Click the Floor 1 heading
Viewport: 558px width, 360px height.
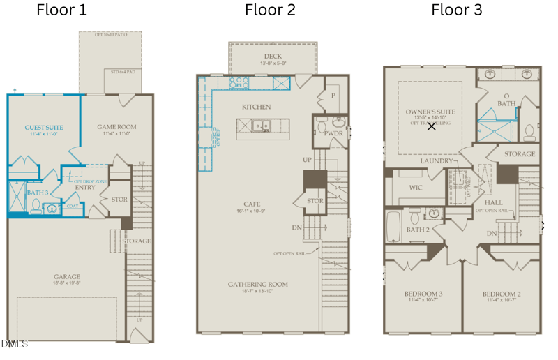[x=61, y=10]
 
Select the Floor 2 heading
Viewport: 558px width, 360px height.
[x=270, y=10]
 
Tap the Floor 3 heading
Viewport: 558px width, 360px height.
[x=456, y=10]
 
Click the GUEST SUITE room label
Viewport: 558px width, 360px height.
[x=44, y=128]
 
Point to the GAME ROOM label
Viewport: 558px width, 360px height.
[x=116, y=127]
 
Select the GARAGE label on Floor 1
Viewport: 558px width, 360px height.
[x=68, y=276]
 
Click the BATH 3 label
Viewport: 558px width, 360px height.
[x=38, y=193]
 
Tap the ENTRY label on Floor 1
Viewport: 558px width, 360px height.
[x=85, y=187]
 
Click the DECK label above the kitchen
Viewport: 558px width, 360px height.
[x=273, y=57]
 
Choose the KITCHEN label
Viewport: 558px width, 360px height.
[x=256, y=107]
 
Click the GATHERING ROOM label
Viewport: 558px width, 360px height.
[x=258, y=284]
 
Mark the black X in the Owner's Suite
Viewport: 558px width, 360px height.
[x=432, y=126]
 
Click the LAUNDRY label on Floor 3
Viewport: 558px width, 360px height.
[x=437, y=160]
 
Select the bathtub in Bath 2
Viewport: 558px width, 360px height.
[x=393, y=226]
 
